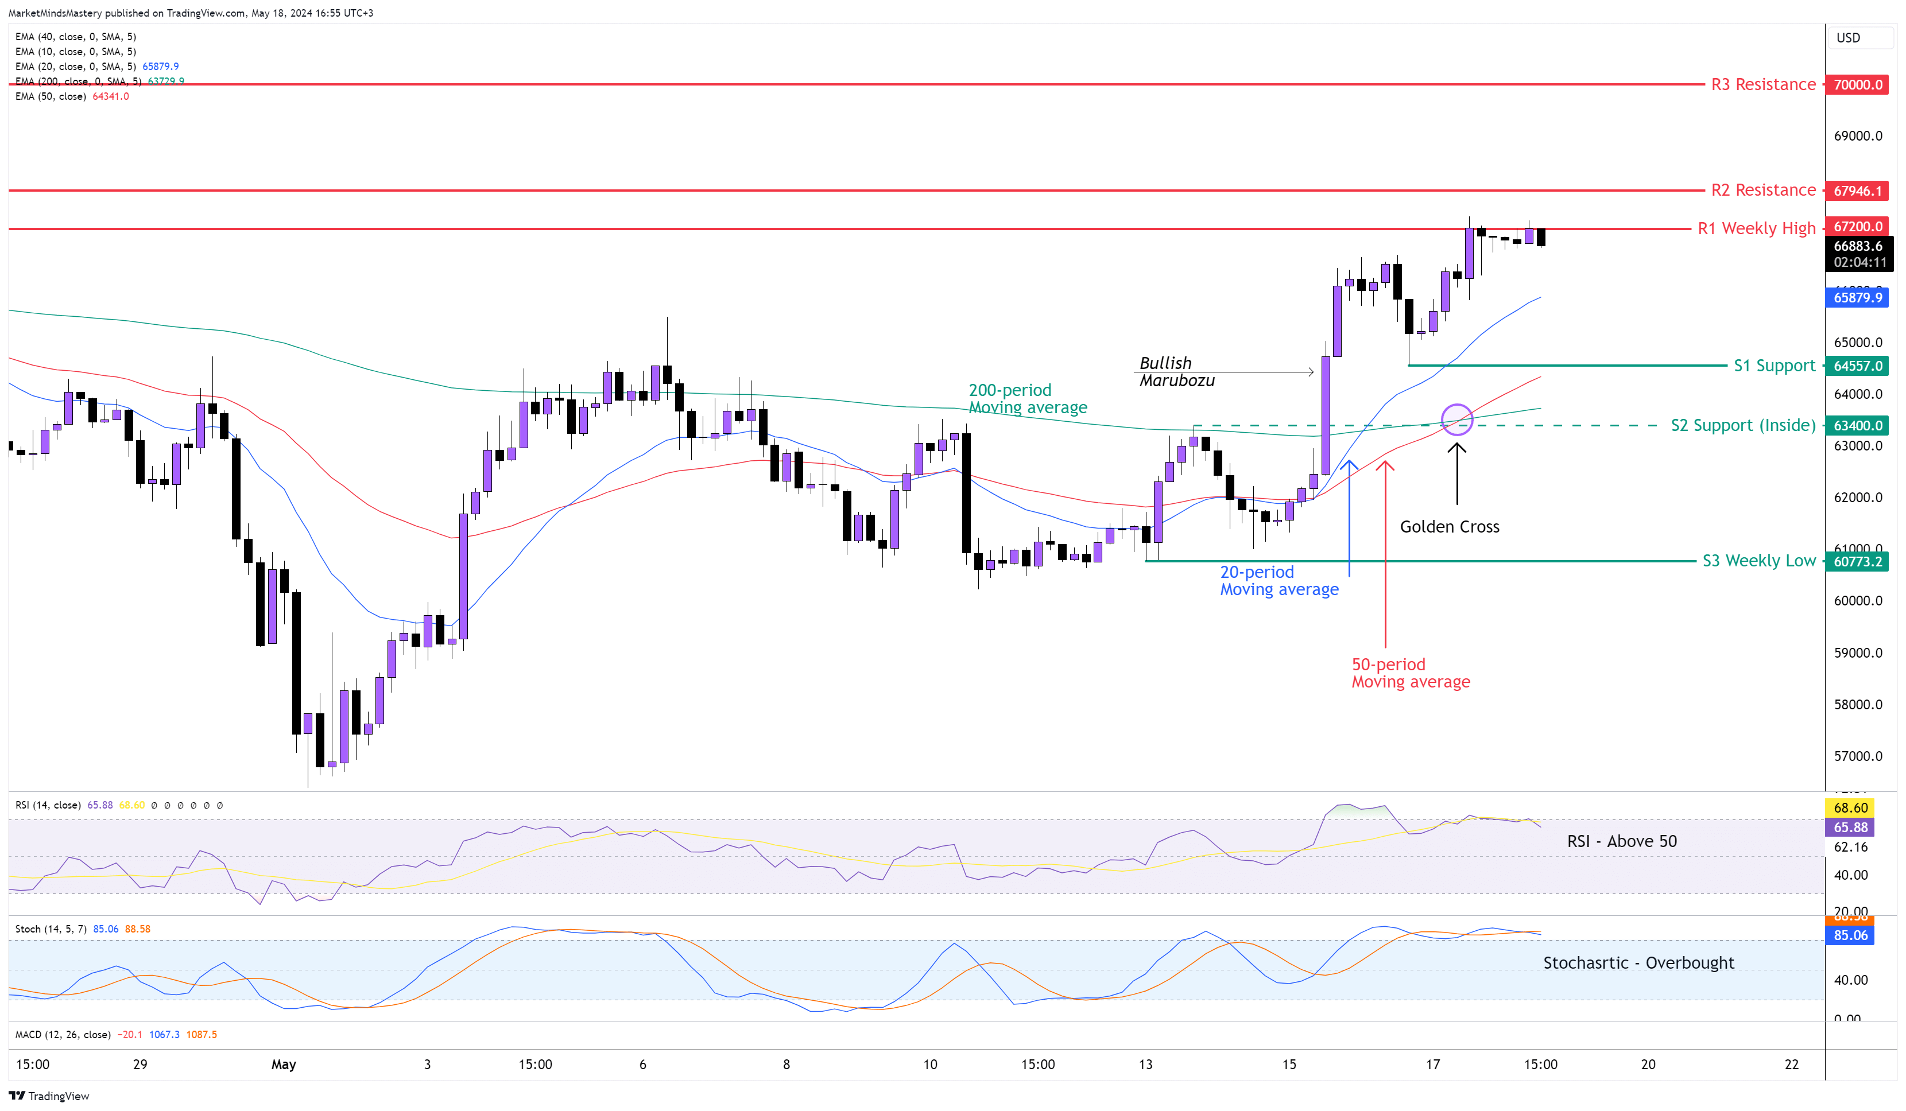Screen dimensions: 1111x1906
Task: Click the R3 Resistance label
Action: click(1763, 84)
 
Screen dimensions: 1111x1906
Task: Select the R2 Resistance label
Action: click(1763, 190)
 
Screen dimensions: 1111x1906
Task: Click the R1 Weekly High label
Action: click(1756, 228)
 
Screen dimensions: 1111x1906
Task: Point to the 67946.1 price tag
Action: click(1858, 191)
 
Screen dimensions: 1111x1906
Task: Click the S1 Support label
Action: click(1775, 366)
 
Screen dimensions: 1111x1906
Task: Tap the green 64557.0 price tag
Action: click(1858, 366)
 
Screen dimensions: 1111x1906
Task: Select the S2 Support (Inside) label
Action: click(1742, 425)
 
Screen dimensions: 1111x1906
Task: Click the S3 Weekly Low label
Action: click(1758, 561)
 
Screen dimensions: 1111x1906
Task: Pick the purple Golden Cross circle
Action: click(1456, 419)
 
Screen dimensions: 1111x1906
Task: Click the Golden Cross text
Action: click(1449, 526)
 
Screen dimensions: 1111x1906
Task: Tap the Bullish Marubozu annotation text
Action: click(1176, 371)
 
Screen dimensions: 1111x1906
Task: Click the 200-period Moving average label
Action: click(1027, 399)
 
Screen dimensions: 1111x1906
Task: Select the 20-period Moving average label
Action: click(1279, 581)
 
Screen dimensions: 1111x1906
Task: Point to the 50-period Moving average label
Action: click(1411, 673)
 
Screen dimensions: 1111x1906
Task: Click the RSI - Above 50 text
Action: click(1622, 841)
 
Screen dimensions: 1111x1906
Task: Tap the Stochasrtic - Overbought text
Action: click(1638, 963)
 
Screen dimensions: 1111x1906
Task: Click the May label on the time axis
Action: click(284, 1064)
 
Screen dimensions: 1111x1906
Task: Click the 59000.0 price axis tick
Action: click(1858, 652)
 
